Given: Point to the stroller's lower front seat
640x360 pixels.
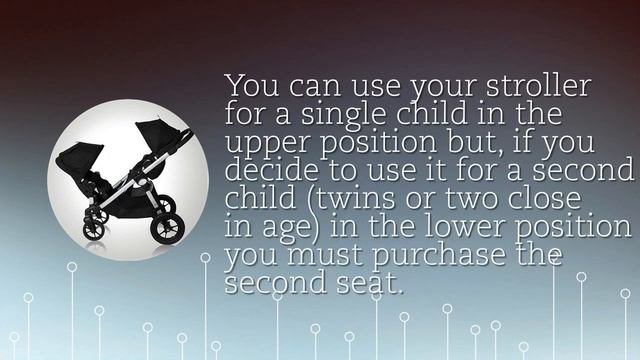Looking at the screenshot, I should pos(95,180).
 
